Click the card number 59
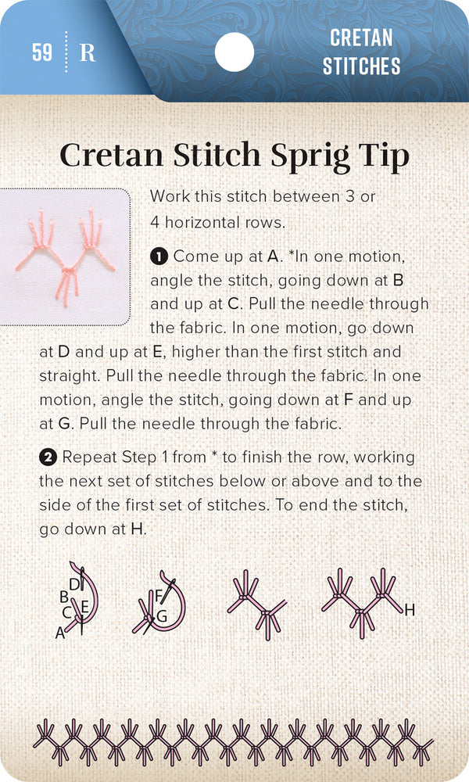coord(42,52)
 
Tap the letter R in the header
coord(88,53)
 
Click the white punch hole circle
coord(234,52)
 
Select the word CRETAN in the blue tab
coord(361,38)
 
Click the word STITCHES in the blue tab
coord(361,65)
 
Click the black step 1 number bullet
coord(159,256)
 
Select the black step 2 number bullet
coord(47,457)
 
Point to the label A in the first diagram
coord(60,634)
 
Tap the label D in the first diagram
coord(73,584)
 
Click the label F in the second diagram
coord(158,596)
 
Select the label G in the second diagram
coord(162,615)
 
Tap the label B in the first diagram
coord(64,597)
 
